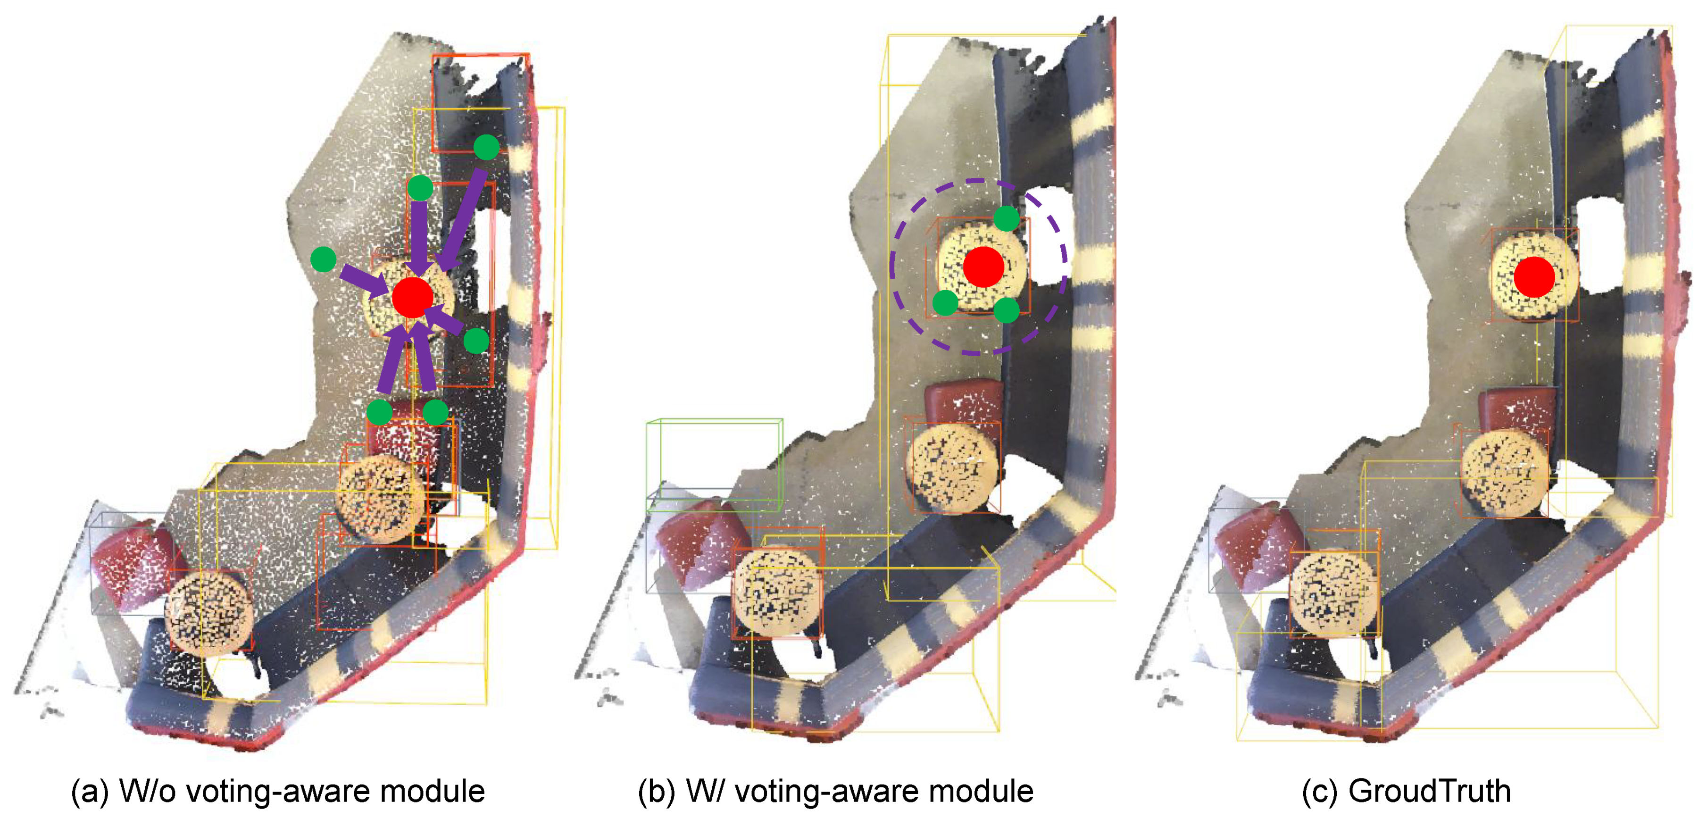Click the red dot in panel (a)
pos(412,297)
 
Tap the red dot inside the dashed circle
pos(983,267)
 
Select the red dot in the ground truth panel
pos(1534,277)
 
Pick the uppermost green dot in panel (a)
pos(486,147)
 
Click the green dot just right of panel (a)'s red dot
pos(476,342)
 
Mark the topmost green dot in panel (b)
pos(1006,218)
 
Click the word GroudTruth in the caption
pos(1430,791)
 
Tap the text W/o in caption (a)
pos(147,791)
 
